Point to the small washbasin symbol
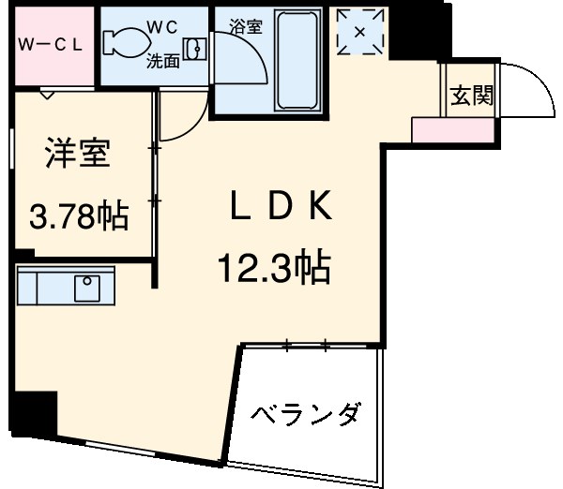pyautogui.click(x=195, y=48)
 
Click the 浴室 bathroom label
pyautogui.click(x=245, y=25)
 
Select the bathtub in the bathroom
pyautogui.click(x=297, y=61)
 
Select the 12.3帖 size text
pyautogui.click(x=272, y=270)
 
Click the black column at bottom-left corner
pyautogui.click(x=38, y=413)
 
